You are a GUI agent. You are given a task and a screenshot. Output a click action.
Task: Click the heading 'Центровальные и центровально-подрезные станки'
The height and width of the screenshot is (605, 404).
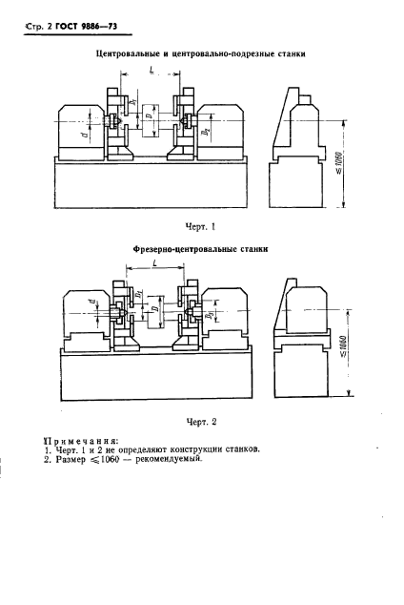click(x=202, y=55)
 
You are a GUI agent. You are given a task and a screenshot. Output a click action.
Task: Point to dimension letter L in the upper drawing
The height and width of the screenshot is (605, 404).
click(x=151, y=72)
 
